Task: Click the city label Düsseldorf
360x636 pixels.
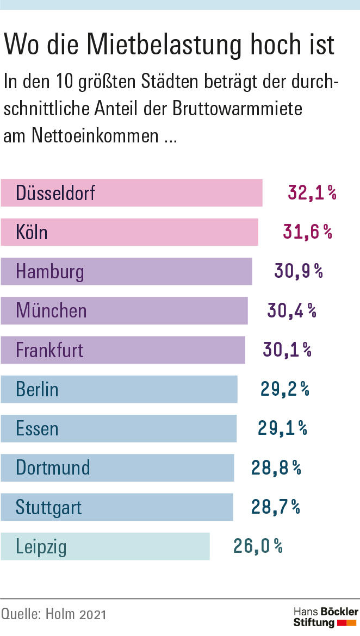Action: pyautogui.click(x=55, y=193)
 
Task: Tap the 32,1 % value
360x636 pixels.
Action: pyautogui.click(x=312, y=193)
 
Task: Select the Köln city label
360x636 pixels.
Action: pyautogui.click(x=32, y=232)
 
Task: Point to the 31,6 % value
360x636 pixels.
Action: pyautogui.click(x=307, y=232)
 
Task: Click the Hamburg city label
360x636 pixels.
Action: pyautogui.click(x=50, y=271)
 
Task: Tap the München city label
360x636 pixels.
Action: pyautogui.click(x=51, y=310)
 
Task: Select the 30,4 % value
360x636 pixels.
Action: pyautogui.click(x=291, y=310)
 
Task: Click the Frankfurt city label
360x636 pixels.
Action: pyautogui.click(x=49, y=350)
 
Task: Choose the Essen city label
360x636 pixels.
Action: pyautogui.click(x=37, y=428)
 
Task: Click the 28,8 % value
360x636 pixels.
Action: pyautogui.click(x=276, y=467)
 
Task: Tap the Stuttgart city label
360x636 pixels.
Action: pyautogui.click(x=49, y=507)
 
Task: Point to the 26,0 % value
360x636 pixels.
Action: pyautogui.click(x=258, y=546)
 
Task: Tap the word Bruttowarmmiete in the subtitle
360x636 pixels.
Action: pyautogui.click(x=237, y=108)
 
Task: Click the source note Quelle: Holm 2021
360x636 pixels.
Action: pyautogui.click(x=54, y=614)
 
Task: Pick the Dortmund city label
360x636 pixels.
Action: pyautogui.click(x=53, y=467)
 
